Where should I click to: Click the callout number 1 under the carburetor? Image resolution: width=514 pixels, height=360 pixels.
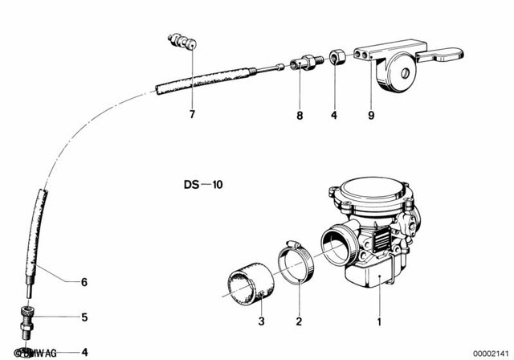coord(380,322)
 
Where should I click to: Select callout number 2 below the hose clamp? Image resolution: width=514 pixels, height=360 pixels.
coord(298,322)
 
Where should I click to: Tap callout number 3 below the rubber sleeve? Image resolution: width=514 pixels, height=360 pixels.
coord(261,322)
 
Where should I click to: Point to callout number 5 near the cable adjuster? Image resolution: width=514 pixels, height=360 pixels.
coord(84,317)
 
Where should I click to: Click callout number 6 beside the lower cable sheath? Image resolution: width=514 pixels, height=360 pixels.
coord(84,282)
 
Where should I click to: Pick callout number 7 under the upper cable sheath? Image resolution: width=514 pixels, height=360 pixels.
coord(192,115)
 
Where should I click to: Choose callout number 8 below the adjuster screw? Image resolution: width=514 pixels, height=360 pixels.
coord(299,116)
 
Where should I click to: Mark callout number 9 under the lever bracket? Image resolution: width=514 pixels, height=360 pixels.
coord(371,116)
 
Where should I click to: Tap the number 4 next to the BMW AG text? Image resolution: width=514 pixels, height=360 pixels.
coord(84,352)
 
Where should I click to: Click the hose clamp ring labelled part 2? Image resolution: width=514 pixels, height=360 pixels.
coord(296,262)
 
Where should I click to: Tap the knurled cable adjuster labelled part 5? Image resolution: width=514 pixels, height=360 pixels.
coord(28,317)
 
